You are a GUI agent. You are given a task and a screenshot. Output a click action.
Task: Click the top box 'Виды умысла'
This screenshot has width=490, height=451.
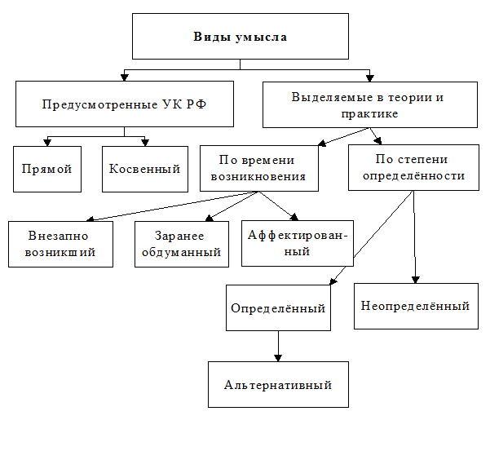coord(241,37)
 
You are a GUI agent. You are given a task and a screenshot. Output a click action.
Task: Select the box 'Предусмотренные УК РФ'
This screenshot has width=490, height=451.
coord(124,104)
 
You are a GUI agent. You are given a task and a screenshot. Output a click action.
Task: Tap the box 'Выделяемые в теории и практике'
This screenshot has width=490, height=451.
coord(369,104)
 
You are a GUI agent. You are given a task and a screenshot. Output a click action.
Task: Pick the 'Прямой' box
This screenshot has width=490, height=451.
coord(47,169)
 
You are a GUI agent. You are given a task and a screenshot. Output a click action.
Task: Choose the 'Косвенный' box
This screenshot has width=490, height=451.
coord(145,169)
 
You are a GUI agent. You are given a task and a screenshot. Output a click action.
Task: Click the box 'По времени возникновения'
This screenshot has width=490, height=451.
coord(258,168)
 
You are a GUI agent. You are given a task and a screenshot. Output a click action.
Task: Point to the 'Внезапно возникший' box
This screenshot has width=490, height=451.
coord(61,244)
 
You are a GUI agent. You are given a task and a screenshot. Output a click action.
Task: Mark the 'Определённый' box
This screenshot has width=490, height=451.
coord(278,307)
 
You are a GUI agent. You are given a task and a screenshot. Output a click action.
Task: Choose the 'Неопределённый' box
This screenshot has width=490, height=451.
coord(415,305)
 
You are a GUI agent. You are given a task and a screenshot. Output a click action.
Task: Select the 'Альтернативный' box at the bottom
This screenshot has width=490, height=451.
coord(278,384)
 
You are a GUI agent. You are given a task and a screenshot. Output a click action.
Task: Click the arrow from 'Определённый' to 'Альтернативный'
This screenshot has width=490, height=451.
coord(278,346)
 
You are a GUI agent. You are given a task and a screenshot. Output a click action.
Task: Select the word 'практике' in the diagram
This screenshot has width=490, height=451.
coord(369,113)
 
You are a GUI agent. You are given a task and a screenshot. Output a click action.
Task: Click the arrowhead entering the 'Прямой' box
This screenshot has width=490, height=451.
coord(47,142)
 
